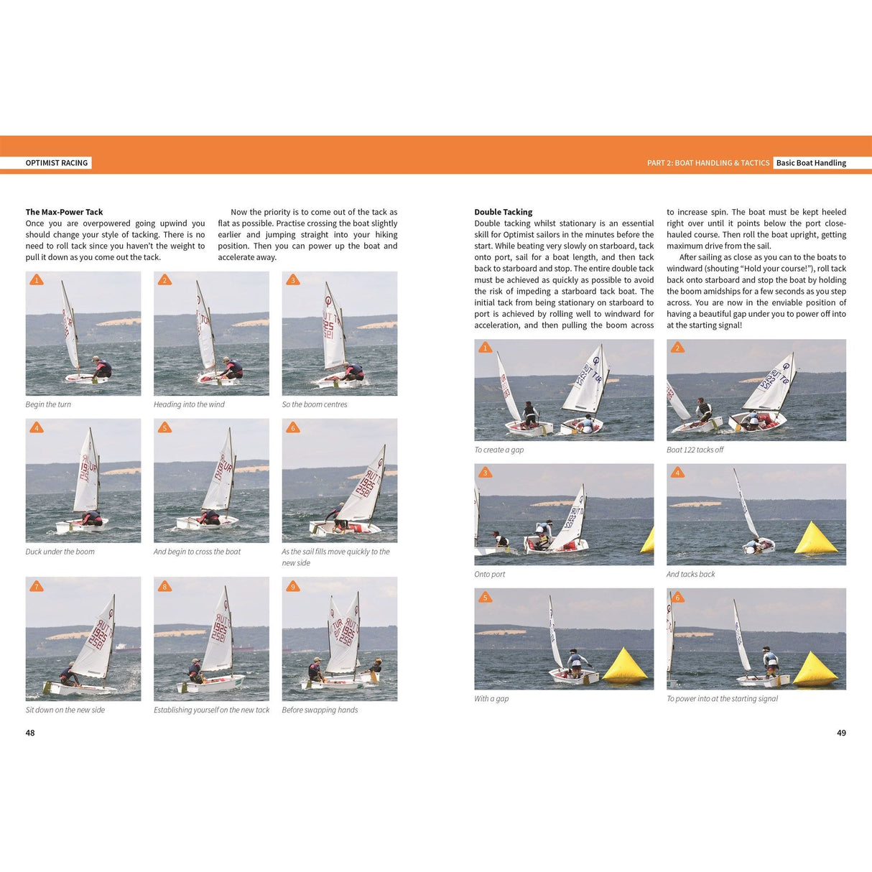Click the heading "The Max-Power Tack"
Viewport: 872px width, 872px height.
coord(64,212)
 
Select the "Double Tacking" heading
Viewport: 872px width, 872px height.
coord(503,212)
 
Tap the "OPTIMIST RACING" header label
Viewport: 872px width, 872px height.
coord(57,163)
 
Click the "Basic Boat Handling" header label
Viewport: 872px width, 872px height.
coord(811,163)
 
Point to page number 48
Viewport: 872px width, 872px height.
coord(30,733)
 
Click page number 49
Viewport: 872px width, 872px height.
coord(841,733)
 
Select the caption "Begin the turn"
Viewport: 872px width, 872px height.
coord(48,404)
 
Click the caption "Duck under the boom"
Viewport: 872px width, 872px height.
coord(60,552)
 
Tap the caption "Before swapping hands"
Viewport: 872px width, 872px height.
coord(320,710)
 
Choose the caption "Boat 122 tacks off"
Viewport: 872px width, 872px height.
coord(695,450)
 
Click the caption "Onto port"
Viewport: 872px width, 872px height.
coord(489,574)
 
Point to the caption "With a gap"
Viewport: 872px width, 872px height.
coord(491,698)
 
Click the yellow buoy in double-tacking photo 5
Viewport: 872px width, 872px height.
coord(624,666)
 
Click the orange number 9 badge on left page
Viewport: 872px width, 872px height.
coord(292,586)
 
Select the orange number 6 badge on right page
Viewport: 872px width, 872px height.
coord(677,597)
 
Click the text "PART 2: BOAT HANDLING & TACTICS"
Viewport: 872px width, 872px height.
coord(708,163)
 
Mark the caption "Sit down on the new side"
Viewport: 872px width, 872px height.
coord(65,710)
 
